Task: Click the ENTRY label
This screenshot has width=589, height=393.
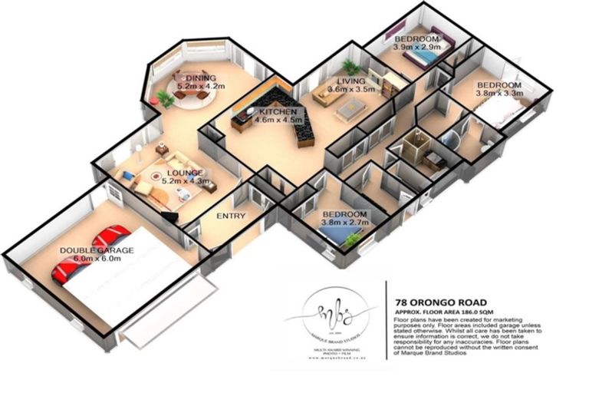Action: click(231, 216)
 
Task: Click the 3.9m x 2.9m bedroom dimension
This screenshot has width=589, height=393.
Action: click(416, 48)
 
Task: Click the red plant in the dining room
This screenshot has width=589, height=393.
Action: click(164, 98)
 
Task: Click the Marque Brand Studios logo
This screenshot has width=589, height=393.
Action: click(332, 313)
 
